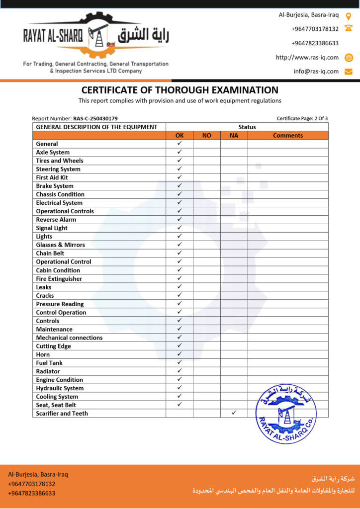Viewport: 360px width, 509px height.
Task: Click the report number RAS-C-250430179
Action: pos(95,119)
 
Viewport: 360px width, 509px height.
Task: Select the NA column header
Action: pos(234,135)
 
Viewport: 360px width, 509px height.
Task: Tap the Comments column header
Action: pos(288,135)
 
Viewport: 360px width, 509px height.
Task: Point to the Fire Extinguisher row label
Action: pos(59,279)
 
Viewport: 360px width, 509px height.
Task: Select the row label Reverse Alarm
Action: pos(56,220)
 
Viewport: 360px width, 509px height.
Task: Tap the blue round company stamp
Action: pos(286,414)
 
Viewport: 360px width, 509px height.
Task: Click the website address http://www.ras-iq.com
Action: pos(307,57)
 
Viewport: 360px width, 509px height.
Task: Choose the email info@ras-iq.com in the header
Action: pos(316,71)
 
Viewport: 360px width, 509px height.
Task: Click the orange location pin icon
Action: pos(349,15)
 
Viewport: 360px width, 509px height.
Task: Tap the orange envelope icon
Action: pos(349,72)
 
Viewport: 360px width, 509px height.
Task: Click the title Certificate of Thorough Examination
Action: pos(180,90)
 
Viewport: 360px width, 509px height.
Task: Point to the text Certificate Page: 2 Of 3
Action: pos(302,119)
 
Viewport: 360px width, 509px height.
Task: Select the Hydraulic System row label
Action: pos(60,388)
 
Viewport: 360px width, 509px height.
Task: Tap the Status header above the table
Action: pos(247,127)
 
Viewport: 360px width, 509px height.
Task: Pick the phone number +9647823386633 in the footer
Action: pos(31,493)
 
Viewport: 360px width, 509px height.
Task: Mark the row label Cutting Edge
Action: pos(53,346)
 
